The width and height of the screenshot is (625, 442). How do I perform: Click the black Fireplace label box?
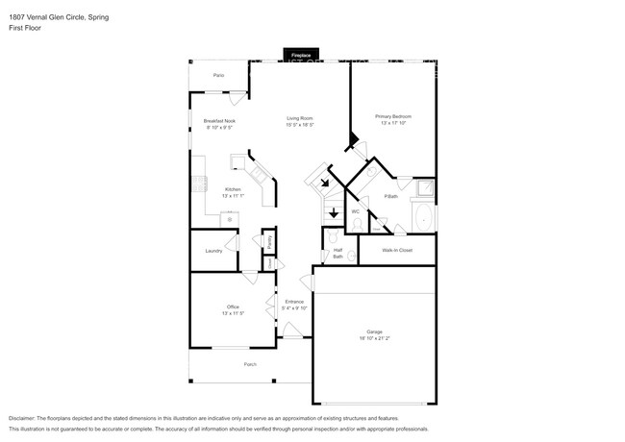301,56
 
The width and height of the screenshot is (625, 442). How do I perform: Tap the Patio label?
218,74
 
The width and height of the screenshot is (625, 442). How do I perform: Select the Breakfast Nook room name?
219,121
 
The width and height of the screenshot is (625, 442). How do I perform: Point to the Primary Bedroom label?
393,116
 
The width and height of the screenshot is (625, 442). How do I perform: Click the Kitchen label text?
233,189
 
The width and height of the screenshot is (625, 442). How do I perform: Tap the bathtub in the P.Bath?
423,215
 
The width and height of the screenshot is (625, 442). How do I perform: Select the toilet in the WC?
357,224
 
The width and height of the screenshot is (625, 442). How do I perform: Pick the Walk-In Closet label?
396,250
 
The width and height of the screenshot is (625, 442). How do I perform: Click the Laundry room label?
213,251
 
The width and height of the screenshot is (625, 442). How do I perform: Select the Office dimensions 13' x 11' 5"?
233,313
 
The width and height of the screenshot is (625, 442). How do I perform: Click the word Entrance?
294,302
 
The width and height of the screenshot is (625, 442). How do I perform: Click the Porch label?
250,364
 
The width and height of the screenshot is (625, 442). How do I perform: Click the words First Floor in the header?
24,28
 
